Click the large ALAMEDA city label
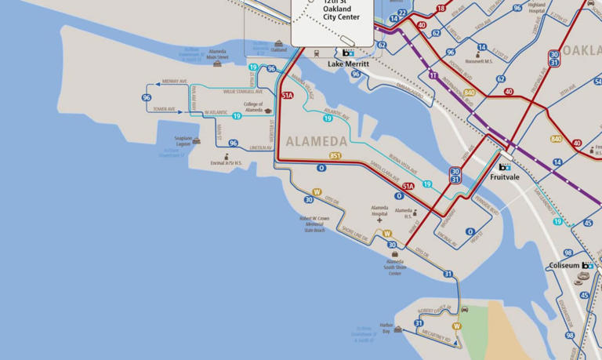(x=317, y=142)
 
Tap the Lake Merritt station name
(x=348, y=64)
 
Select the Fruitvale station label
(x=505, y=177)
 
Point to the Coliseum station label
(x=564, y=266)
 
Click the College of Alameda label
(x=253, y=107)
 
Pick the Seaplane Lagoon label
(x=183, y=141)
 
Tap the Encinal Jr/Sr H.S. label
(x=227, y=163)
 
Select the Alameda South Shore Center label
(x=394, y=267)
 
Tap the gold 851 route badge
(x=335, y=156)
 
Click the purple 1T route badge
(x=433, y=75)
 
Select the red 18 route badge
(x=441, y=9)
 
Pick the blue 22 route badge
(x=402, y=13)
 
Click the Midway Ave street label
(x=174, y=82)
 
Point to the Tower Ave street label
(x=164, y=109)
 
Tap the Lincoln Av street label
(x=260, y=147)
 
